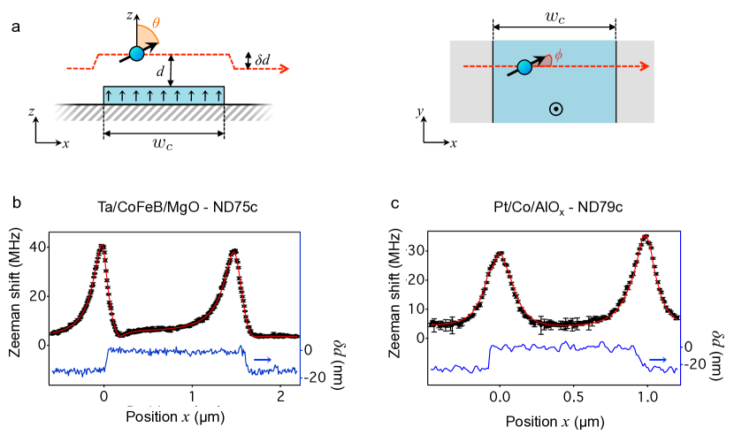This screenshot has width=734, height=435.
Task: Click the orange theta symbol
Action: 156,23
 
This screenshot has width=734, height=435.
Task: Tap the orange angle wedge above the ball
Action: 146,36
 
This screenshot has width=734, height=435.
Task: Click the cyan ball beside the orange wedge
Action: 136,54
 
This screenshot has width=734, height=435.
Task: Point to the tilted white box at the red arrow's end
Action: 279,72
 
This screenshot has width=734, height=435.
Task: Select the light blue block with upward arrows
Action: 164,95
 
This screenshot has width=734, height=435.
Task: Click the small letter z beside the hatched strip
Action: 32,112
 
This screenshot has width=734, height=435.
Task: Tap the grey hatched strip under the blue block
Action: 164,113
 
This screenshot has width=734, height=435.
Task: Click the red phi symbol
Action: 558,55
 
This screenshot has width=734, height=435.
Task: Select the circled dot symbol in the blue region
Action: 555,109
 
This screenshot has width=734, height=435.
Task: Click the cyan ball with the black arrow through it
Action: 524,67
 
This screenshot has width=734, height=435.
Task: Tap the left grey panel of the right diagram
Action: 470,81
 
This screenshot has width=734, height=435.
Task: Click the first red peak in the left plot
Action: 102,247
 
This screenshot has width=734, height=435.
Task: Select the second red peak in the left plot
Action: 233,254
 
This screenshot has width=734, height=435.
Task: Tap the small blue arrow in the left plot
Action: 263,359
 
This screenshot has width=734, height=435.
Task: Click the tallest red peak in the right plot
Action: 645,237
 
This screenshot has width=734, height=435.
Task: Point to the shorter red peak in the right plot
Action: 501,255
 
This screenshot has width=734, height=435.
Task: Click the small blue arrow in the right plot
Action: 658,359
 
